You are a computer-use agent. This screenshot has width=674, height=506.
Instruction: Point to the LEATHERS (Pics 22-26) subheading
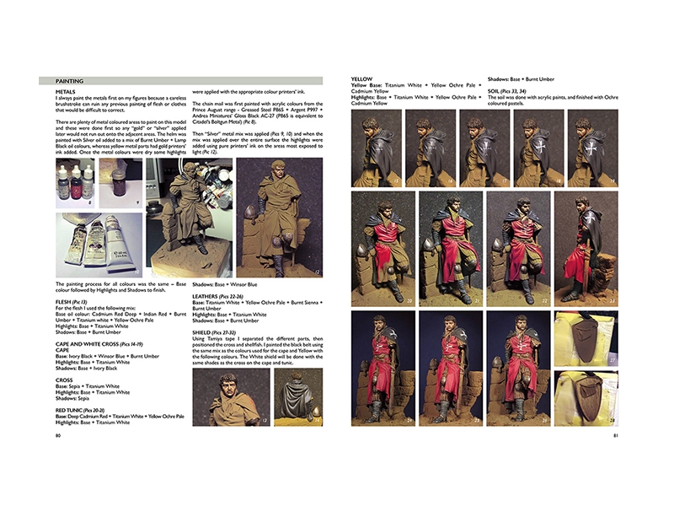tap(228, 296)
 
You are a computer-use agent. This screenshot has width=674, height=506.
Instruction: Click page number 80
tap(57, 436)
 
